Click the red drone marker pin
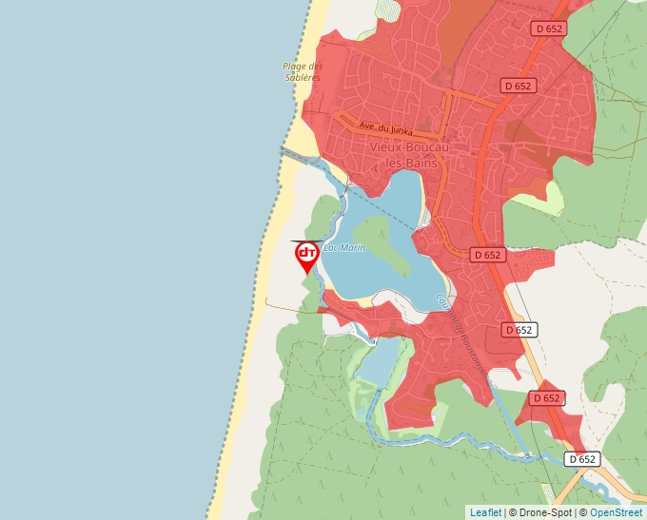[x=306, y=256]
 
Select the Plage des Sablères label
[x=303, y=71]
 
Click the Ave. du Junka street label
[x=385, y=126]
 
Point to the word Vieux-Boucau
[x=409, y=148]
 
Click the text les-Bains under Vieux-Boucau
[x=412, y=164]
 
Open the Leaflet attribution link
[x=485, y=512]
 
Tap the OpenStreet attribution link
[x=618, y=512]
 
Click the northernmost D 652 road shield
[x=549, y=29]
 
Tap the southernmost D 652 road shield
[x=582, y=459]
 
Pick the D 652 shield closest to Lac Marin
[x=486, y=255]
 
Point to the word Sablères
[x=303, y=77]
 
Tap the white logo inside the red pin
[x=306, y=253]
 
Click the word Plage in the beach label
[x=293, y=66]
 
